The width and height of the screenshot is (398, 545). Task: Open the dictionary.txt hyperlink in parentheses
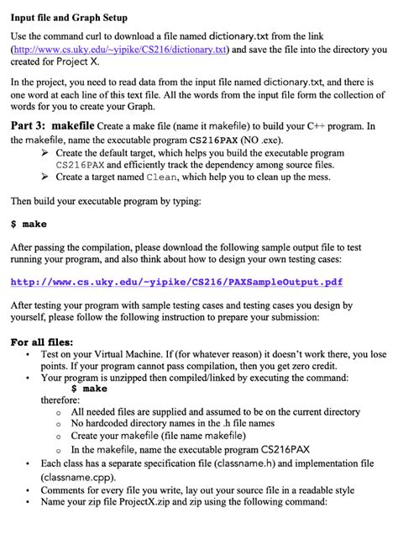[x=119, y=50]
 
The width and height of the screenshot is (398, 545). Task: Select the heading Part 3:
[x=34, y=125]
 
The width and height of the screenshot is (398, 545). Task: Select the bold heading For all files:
[x=41, y=342]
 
